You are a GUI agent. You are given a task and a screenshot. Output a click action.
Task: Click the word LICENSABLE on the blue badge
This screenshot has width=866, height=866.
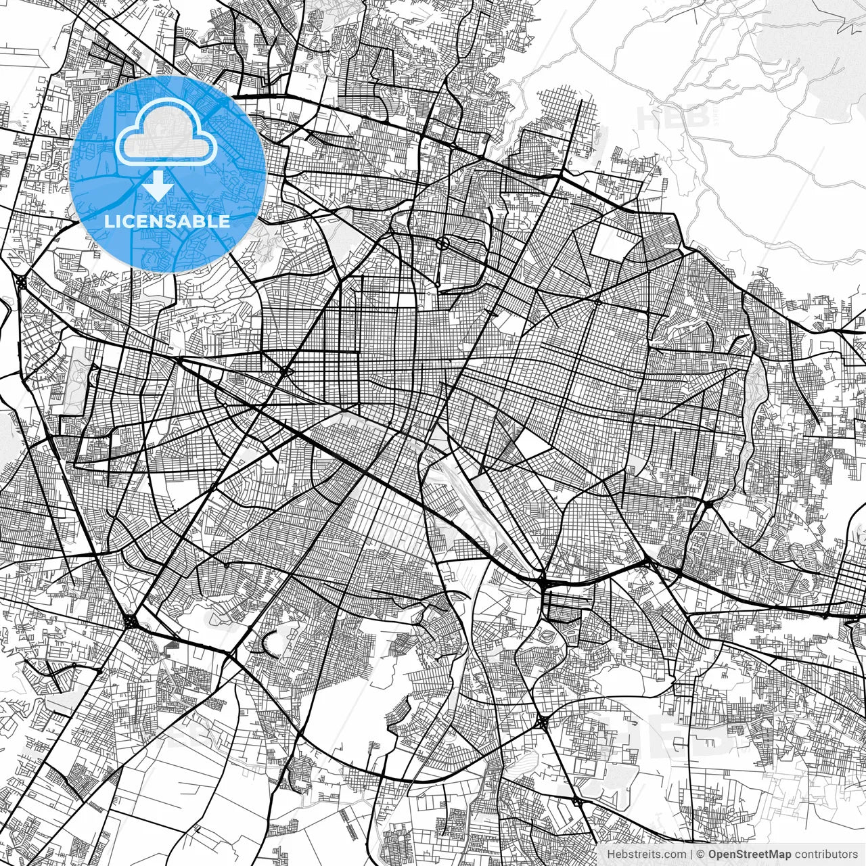pyautogui.click(x=167, y=221)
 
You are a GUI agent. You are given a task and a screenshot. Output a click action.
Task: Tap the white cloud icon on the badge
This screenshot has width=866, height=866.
pyautogui.click(x=166, y=136)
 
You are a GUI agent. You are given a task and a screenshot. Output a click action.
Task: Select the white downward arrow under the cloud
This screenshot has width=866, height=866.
pyautogui.click(x=158, y=185)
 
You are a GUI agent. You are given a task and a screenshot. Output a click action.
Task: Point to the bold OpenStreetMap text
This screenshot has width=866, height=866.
pyautogui.click(x=750, y=854)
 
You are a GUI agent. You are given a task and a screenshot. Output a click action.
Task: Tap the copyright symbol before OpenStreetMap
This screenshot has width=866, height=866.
pyautogui.click(x=701, y=854)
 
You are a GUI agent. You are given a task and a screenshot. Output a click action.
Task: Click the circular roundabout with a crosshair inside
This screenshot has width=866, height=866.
pyautogui.click(x=442, y=243)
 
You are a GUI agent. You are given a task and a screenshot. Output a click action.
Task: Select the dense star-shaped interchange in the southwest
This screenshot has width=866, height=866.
pyautogui.click(x=130, y=621)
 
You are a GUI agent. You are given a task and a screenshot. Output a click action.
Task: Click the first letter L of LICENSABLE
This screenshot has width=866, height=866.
pyautogui.click(x=108, y=221)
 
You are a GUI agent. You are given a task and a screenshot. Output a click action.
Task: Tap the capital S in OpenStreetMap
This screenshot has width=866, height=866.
pyautogui.click(x=739, y=854)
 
